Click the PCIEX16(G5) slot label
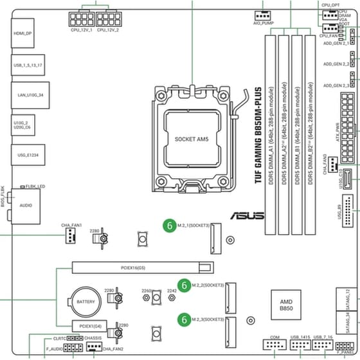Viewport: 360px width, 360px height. (x=133, y=266)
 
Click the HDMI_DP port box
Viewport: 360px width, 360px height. (x=24, y=33)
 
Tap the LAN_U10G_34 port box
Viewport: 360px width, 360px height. (x=24, y=94)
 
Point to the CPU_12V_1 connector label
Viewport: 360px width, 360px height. (x=82, y=30)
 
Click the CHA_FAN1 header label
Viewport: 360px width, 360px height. (x=71, y=226)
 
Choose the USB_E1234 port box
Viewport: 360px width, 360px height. (x=24, y=155)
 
